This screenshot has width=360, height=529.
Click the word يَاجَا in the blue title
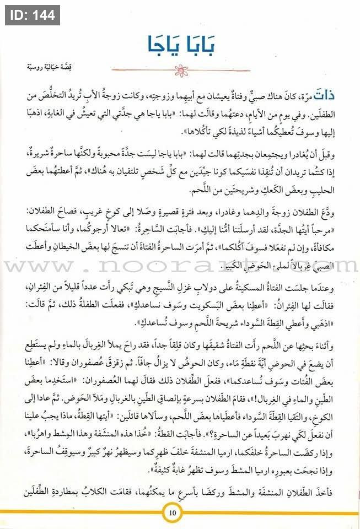click(x=158, y=44)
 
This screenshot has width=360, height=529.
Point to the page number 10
click(x=172, y=514)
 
